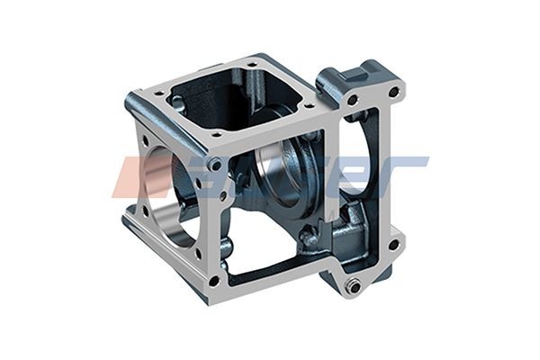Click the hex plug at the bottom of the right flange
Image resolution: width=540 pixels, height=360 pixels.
click(354, 285)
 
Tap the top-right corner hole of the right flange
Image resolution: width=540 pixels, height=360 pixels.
click(393, 92)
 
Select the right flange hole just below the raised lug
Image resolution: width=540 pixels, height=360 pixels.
click(352, 100)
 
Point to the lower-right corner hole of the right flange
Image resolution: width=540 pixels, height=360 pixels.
click(393, 244)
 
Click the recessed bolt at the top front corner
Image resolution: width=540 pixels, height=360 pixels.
click(215, 165)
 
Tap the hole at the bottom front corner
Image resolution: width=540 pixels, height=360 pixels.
click(213, 280)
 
